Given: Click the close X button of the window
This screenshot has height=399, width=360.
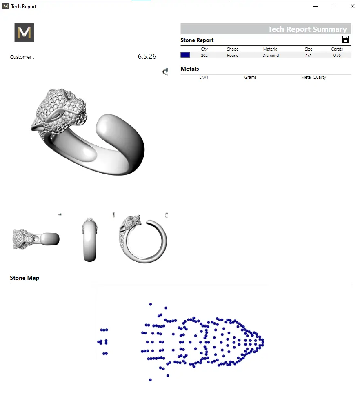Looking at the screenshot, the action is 352,6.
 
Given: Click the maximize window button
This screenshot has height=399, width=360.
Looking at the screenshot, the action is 334,6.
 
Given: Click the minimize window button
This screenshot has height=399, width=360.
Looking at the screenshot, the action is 316,6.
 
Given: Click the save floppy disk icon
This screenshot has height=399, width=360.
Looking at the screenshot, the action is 345,40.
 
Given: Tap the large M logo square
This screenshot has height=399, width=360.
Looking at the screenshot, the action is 24,33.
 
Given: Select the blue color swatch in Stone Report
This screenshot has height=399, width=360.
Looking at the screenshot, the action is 185,55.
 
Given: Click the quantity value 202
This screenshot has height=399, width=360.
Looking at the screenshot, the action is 204,55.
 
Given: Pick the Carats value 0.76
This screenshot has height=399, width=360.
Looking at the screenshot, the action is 337,55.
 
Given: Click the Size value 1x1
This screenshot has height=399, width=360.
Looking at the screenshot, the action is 309,55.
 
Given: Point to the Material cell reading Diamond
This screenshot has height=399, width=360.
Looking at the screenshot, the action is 271,55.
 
